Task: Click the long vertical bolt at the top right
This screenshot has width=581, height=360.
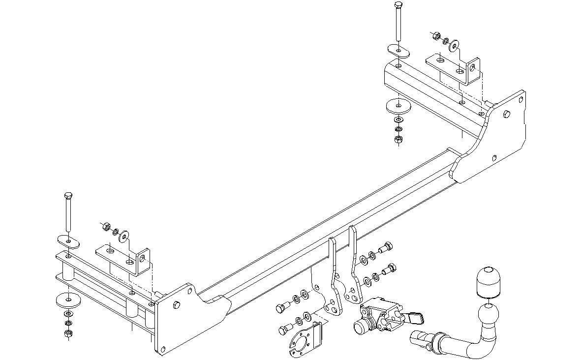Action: (x=398, y=22)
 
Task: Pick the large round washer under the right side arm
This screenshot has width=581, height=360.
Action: (x=397, y=106)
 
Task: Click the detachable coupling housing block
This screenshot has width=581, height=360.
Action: (x=376, y=317)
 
